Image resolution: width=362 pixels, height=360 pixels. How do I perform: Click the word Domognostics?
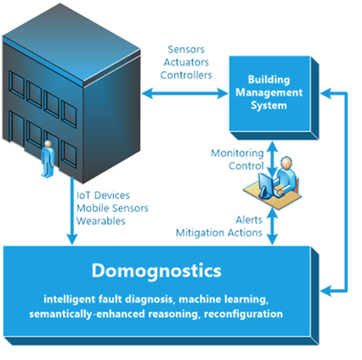[156, 271]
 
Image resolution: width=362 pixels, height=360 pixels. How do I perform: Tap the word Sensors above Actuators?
[186, 50]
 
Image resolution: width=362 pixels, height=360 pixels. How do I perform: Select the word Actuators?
[186, 62]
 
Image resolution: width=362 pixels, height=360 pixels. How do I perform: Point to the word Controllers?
[186, 75]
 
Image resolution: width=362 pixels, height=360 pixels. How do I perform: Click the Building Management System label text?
[269, 92]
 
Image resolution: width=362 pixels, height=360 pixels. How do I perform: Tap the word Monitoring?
[237, 153]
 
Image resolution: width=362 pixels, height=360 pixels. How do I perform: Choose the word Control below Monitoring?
[246, 166]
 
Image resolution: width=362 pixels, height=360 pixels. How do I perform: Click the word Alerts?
[249, 220]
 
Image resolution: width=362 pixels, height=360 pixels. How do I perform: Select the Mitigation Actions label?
[219, 233]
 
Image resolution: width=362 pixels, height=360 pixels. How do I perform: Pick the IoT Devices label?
[103, 195]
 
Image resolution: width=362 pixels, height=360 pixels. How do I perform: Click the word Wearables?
[100, 221]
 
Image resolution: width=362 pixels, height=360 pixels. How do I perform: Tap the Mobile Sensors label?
[112, 208]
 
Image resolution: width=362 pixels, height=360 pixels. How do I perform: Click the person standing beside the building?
[47, 158]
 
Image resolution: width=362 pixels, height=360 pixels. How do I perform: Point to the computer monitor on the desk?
[265, 184]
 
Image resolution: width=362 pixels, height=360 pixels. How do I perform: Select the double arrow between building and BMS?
[185, 93]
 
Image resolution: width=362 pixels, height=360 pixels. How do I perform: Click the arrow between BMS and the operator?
[272, 158]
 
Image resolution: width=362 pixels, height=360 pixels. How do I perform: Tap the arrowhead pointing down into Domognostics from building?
[72, 239]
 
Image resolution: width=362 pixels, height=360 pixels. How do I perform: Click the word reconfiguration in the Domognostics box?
[243, 314]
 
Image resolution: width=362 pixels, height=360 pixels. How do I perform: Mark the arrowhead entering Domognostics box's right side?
[326, 291]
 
